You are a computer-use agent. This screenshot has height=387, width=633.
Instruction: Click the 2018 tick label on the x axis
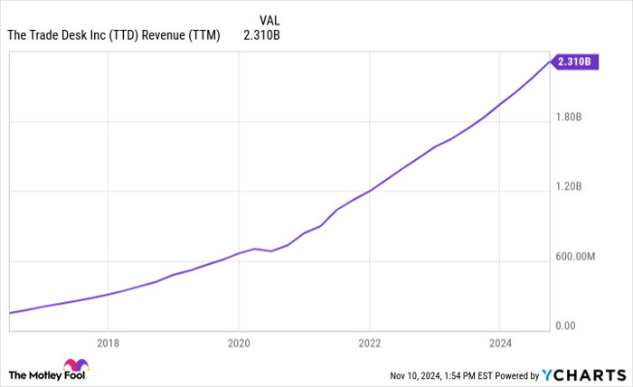click(107, 343)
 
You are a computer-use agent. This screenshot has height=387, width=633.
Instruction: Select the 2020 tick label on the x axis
click(238, 343)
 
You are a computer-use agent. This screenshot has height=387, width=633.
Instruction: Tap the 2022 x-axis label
click(369, 343)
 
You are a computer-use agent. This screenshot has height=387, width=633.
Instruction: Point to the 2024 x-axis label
click(500, 343)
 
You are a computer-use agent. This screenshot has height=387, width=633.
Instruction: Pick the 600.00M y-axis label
click(576, 257)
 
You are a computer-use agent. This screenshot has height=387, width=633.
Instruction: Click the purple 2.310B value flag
click(574, 61)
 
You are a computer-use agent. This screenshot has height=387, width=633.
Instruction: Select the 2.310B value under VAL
click(262, 35)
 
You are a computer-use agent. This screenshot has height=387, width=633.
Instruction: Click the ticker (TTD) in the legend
click(125, 35)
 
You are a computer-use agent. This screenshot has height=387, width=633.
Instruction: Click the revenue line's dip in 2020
click(271, 250)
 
